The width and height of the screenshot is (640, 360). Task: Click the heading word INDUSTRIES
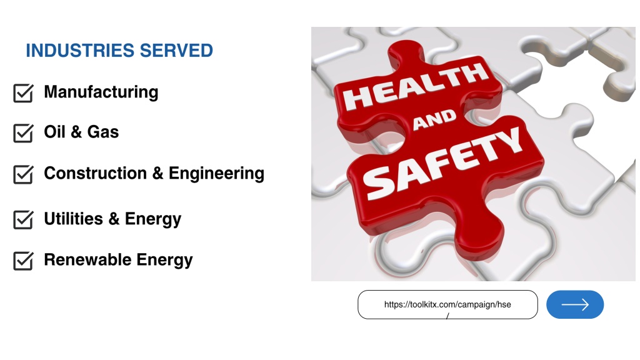click(x=80, y=51)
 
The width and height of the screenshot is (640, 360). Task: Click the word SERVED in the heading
click(x=176, y=51)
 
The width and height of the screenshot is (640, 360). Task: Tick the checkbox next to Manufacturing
click(x=23, y=93)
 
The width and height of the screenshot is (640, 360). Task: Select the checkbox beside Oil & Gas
click(x=23, y=133)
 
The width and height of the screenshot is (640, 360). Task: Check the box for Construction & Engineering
click(x=23, y=174)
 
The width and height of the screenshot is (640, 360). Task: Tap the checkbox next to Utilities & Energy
click(x=23, y=219)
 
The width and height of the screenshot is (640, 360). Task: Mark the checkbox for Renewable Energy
click(x=23, y=261)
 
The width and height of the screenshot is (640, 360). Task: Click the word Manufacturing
click(x=101, y=92)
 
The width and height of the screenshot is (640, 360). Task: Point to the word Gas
click(x=103, y=132)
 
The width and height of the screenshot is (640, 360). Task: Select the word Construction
click(x=96, y=173)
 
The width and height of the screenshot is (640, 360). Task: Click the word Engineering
click(x=216, y=174)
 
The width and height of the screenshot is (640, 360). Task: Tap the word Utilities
click(x=74, y=219)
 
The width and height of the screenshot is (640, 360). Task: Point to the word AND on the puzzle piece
click(x=434, y=120)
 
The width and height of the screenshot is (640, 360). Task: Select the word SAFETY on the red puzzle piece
click(x=442, y=163)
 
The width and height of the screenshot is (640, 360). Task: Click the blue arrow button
click(x=575, y=304)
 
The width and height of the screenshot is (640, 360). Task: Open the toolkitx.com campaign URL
click(x=447, y=304)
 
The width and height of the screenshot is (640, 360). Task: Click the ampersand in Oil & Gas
click(x=76, y=132)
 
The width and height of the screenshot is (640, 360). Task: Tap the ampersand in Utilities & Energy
click(x=114, y=219)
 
